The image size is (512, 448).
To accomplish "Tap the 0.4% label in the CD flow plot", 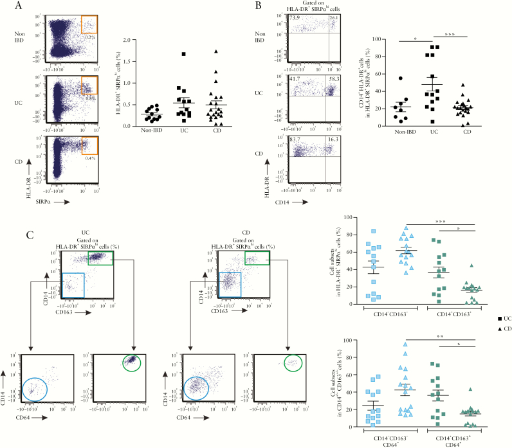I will [91, 158].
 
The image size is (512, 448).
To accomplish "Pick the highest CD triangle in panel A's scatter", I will [217, 51].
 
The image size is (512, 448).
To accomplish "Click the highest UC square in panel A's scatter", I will [183, 54].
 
